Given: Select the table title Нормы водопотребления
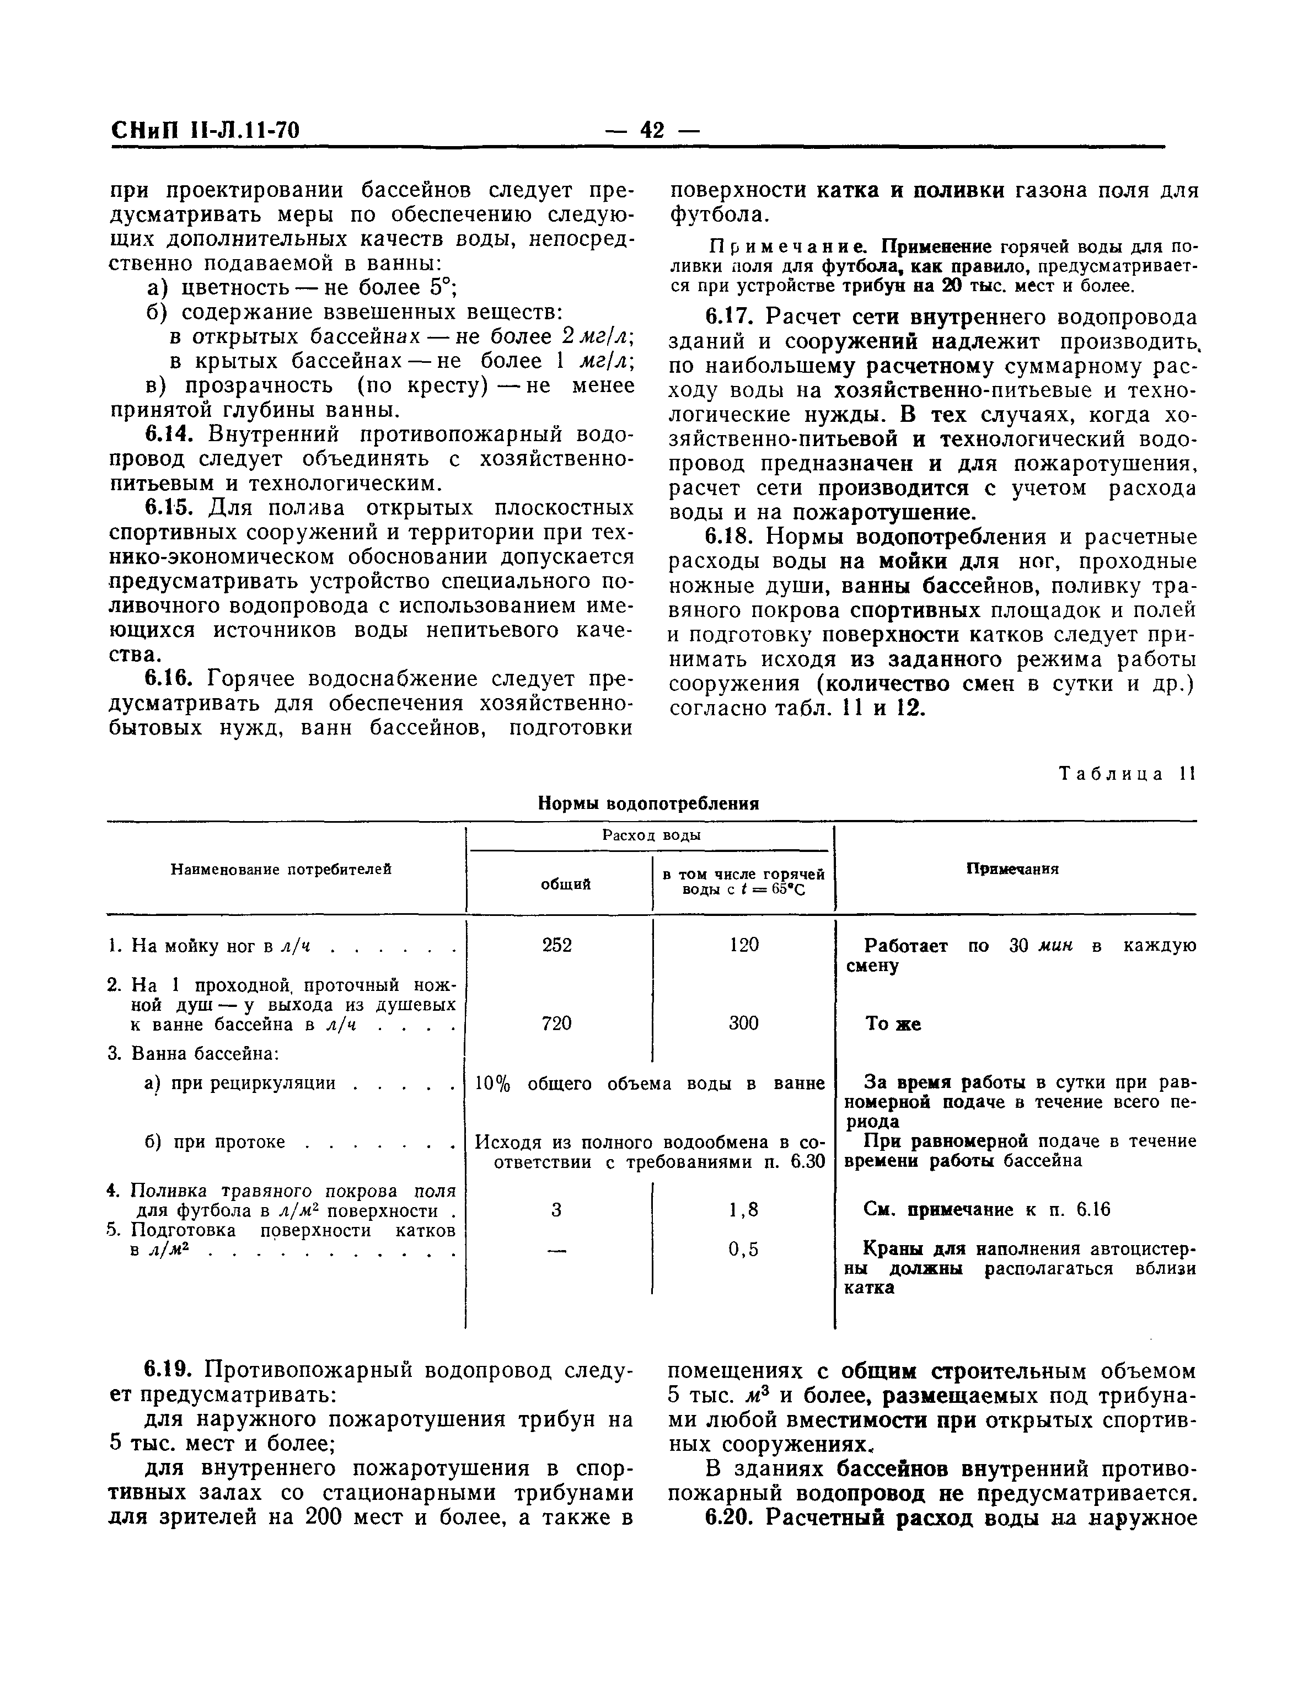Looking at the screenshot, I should (x=648, y=803).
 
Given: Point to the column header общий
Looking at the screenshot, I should (x=565, y=883).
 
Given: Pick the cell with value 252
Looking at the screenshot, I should (x=557, y=945).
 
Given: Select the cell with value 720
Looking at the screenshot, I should (x=557, y=1023).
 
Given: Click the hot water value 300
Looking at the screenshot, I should (x=743, y=1023).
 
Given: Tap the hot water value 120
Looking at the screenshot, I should (x=743, y=945).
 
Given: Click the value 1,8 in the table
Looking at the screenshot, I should (x=743, y=1209).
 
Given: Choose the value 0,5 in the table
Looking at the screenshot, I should (x=743, y=1249).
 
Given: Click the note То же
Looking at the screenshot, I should (x=893, y=1024).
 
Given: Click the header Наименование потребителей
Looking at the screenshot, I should (x=280, y=870).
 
